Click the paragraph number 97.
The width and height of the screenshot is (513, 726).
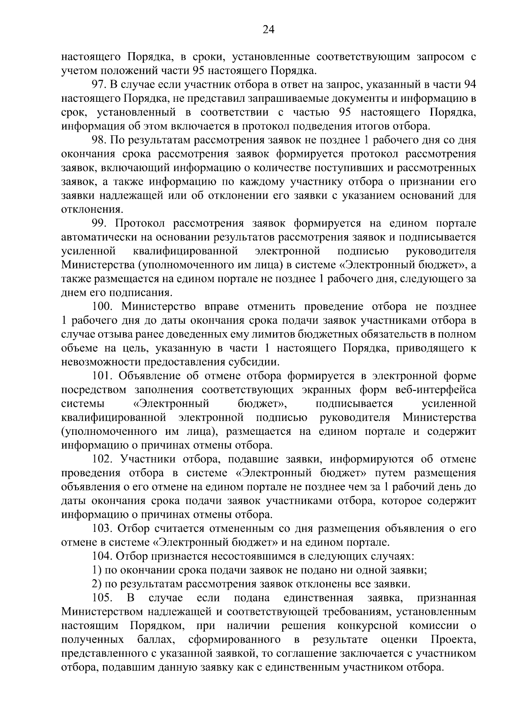(x=100, y=85)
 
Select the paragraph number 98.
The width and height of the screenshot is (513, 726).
(x=100, y=141)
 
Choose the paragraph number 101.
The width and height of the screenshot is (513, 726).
(x=103, y=376)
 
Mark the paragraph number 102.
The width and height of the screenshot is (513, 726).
(x=103, y=459)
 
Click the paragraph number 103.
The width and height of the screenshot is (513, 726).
(x=103, y=528)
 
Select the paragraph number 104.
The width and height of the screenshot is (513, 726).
(x=103, y=556)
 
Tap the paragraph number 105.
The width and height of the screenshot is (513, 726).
(x=103, y=598)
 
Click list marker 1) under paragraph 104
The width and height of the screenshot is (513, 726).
(x=97, y=570)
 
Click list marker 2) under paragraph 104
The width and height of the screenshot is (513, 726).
(x=97, y=584)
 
